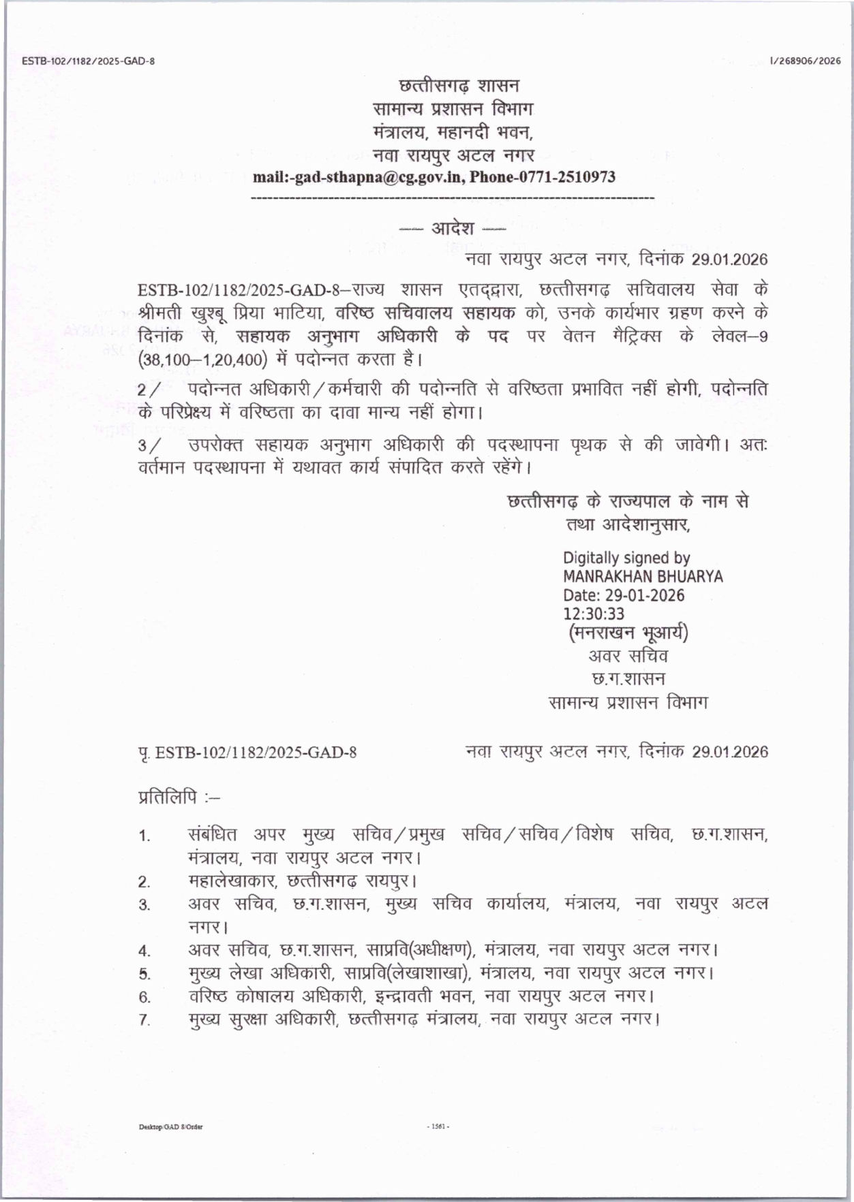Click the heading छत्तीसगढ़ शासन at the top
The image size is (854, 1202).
tap(459, 86)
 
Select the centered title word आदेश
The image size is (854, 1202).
tap(453, 228)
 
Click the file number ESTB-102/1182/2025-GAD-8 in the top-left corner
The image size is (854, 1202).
tap(89, 61)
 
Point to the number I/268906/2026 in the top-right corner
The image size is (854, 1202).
tap(805, 61)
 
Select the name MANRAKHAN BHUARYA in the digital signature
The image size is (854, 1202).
tap(642, 577)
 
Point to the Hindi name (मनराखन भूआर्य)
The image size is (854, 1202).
tap(628, 633)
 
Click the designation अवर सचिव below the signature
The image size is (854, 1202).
tap(628, 657)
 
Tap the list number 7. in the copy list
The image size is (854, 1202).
tap(144, 1021)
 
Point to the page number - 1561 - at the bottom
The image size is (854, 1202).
tap(438, 1126)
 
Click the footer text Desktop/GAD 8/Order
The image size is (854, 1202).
tap(171, 1126)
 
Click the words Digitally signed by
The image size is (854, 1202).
tap(626, 558)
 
